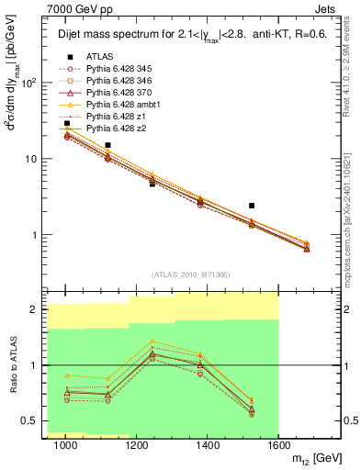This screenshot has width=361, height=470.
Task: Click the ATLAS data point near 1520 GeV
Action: click(252, 206)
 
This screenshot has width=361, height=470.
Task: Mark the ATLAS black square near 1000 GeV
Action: click(66, 123)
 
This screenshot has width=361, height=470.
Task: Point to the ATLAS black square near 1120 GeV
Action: click(108, 145)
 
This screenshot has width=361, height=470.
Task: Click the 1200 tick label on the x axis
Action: click(137, 445)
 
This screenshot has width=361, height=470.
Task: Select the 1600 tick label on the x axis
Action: click(278, 445)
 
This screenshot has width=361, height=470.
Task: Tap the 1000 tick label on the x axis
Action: click(66, 445)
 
